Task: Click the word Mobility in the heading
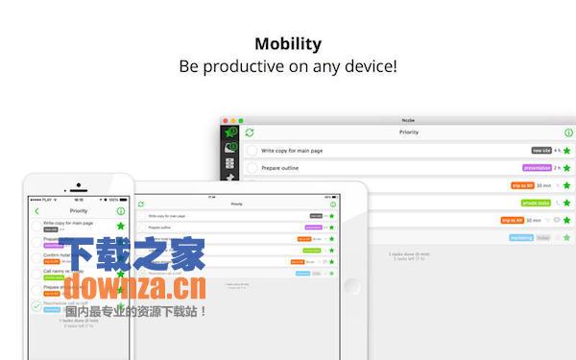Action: [x=288, y=43]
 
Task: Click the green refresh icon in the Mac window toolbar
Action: [x=250, y=132]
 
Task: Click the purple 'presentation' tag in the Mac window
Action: [x=536, y=168]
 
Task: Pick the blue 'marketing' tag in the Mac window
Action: [x=521, y=236]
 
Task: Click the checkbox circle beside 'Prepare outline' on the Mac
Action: [x=252, y=168]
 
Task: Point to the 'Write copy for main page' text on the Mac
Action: [x=298, y=151]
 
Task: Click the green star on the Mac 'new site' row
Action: [x=566, y=151]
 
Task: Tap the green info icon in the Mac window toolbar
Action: [x=568, y=132]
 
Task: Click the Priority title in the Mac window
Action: [x=408, y=132]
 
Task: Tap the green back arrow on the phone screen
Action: [x=37, y=210]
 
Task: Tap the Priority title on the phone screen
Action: [x=79, y=210]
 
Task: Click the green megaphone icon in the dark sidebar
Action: [x=230, y=132]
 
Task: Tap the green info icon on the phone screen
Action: [x=121, y=210]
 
